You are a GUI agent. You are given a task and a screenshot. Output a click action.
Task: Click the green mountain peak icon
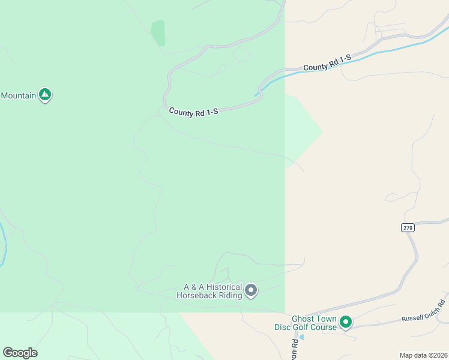(44, 94)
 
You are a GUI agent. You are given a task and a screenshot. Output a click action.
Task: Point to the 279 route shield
(408, 227)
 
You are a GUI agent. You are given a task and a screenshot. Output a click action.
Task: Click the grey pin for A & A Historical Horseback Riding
(251, 291)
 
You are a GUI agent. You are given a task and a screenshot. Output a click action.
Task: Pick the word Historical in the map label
(221, 287)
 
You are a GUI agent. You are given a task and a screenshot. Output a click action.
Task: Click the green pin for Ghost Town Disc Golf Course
(346, 323)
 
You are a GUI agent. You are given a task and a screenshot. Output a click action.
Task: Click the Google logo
(20, 353)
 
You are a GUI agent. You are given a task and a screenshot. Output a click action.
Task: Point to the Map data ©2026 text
(423, 355)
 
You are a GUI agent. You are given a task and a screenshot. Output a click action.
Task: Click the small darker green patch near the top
(158, 32)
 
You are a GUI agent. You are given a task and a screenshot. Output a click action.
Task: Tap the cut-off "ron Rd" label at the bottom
(295, 349)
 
